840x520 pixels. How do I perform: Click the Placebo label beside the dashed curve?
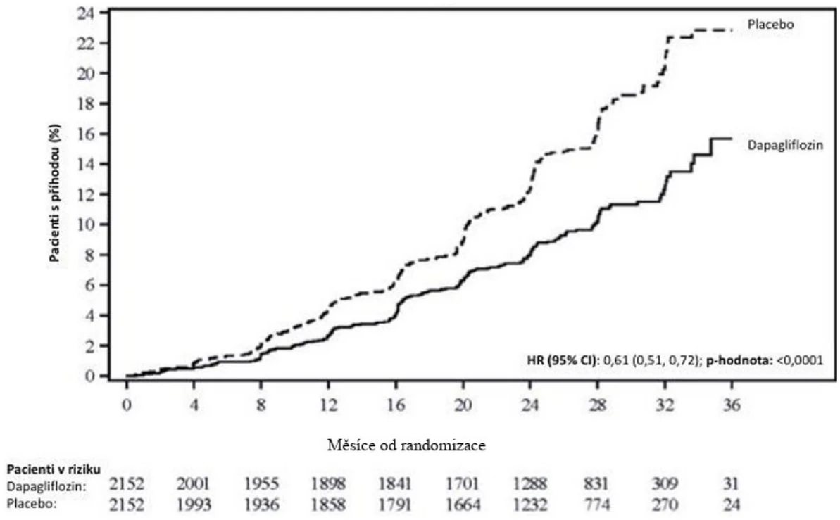(x=770, y=25)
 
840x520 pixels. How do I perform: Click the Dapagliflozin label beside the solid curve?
(x=785, y=145)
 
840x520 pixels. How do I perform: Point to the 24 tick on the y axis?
(x=84, y=13)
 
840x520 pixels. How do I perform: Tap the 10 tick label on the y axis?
(x=85, y=224)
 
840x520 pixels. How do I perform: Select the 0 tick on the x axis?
(x=127, y=405)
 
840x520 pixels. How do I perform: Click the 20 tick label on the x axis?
(x=463, y=405)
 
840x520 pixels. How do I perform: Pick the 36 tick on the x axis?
(x=732, y=405)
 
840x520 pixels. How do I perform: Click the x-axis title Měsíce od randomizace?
(x=406, y=445)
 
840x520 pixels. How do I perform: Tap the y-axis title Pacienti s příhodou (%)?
(x=55, y=193)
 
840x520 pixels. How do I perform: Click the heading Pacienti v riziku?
(x=54, y=469)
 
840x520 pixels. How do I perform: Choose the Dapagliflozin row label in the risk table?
(x=46, y=487)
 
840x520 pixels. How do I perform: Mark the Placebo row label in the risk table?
(x=32, y=505)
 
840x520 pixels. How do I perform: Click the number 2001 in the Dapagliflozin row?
(x=194, y=484)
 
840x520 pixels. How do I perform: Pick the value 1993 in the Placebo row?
(x=194, y=505)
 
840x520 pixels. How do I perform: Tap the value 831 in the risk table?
(x=596, y=484)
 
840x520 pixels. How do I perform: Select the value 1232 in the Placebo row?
(x=530, y=505)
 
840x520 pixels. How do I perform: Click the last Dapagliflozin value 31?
(x=732, y=484)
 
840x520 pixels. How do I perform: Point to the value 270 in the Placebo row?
(x=665, y=505)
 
